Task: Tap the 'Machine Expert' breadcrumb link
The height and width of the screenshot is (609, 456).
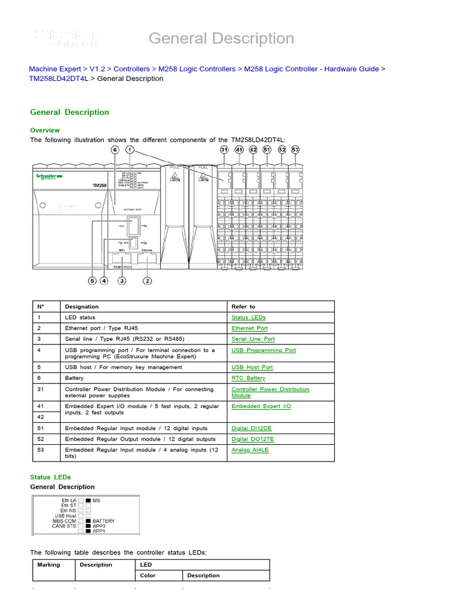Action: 55,69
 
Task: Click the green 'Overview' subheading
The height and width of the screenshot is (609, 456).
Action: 45,130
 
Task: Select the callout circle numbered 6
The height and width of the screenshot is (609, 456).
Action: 115,150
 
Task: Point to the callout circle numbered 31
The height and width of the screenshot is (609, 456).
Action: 224,150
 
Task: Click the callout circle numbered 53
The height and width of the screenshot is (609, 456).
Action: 295,150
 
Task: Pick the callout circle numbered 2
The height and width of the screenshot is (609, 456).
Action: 147,281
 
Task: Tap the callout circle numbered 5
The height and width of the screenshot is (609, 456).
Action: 92,281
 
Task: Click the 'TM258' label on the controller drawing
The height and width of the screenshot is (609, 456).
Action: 100,186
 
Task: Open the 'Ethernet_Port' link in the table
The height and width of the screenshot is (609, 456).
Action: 249,328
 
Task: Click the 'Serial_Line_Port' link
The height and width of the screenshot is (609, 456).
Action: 253,339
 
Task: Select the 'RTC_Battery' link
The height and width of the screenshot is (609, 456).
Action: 248,378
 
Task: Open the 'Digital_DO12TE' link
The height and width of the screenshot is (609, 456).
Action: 252,440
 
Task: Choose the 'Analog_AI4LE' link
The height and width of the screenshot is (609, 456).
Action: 250,450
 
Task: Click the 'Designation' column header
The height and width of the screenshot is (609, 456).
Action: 82,307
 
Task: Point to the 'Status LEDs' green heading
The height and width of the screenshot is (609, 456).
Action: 50,477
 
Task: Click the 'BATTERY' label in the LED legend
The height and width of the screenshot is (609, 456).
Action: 104,521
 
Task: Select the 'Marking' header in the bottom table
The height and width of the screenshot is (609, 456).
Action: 49,565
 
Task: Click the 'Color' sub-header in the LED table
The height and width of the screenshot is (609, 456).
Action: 148,576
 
